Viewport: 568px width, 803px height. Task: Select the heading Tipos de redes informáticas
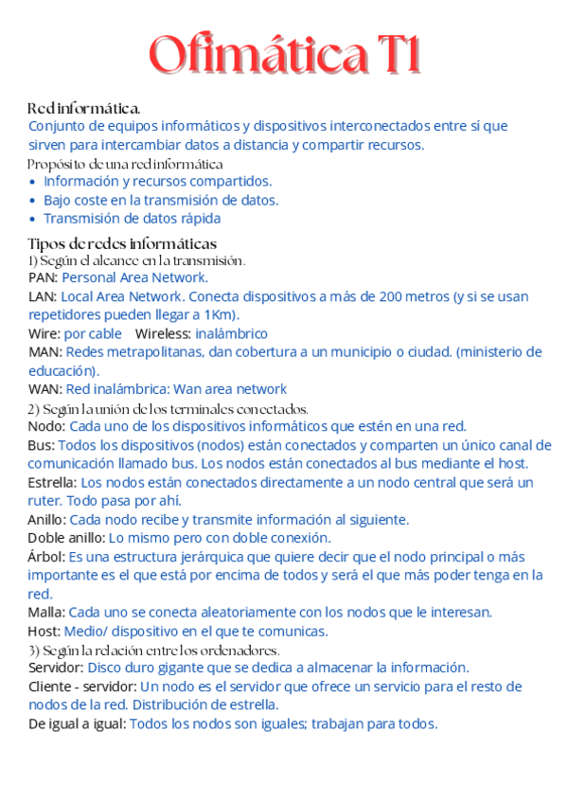122,243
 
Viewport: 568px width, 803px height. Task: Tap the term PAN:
44,277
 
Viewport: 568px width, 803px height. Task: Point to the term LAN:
43,296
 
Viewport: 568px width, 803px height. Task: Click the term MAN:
44,352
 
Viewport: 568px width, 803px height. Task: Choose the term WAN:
45,389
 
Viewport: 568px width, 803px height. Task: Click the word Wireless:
163,333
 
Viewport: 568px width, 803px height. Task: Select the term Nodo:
46,426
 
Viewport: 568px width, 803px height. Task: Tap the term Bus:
41,445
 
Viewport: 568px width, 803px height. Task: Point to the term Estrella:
53,482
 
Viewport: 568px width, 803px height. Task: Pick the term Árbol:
46,556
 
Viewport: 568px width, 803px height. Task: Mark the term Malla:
46,612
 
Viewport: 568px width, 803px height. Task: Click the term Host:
44,631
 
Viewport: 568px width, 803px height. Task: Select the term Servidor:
56,668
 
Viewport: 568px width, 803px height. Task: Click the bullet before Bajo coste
34,201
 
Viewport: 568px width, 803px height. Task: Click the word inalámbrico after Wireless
231,333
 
